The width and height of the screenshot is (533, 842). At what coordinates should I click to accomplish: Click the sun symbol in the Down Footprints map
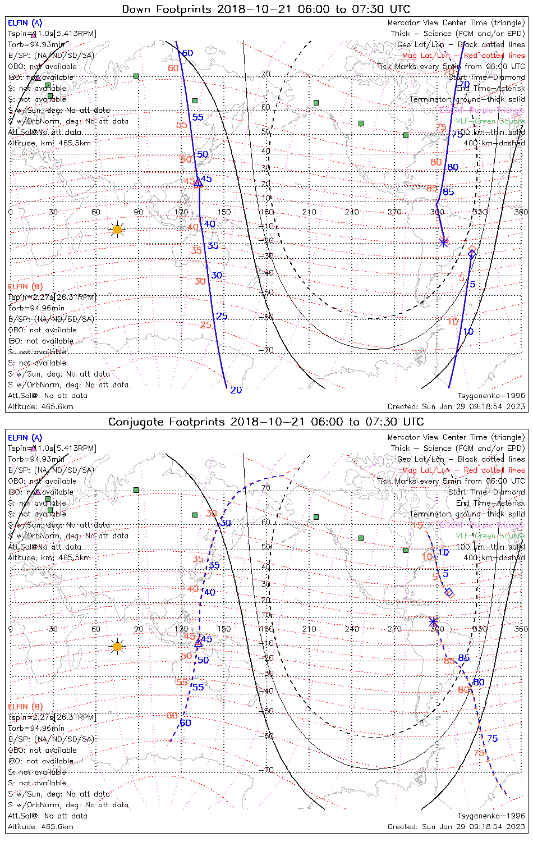[x=117, y=229]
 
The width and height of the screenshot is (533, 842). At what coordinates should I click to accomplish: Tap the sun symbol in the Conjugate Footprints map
[x=117, y=647]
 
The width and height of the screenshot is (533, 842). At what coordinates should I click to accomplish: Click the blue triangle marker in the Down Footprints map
[x=197, y=182]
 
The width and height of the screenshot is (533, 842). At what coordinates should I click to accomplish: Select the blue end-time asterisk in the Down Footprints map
[x=444, y=242]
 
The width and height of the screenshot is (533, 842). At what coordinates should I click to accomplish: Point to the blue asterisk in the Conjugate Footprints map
[x=433, y=621]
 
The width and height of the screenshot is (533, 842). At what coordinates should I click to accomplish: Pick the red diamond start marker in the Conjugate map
[x=449, y=592]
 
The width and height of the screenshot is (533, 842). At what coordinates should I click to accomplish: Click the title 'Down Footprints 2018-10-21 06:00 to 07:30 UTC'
[x=266, y=9]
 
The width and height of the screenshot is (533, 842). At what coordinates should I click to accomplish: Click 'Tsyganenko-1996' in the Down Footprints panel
[x=491, y=396]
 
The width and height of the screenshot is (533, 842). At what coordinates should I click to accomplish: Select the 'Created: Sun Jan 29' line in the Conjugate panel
[x=456, y=826]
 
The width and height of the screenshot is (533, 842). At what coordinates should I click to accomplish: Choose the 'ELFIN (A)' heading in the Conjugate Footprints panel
[x=25, y=438]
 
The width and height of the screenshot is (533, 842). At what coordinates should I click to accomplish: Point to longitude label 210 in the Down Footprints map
[x=309, y=212]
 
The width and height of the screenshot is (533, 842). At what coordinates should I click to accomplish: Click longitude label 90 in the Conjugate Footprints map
[x=138, y=629]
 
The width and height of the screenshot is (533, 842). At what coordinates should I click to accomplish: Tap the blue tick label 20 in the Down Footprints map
[x=236, y=390]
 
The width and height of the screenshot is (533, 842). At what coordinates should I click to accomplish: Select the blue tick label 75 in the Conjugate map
[x=492, y=739]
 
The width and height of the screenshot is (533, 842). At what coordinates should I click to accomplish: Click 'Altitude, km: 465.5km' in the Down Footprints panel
[x=49, y=143]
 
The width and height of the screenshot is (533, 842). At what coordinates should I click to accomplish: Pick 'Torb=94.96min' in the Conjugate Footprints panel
[x=36, y=728]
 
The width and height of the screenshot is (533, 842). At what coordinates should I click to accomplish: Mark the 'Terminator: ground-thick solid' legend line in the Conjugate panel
[x=467, y=514]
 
